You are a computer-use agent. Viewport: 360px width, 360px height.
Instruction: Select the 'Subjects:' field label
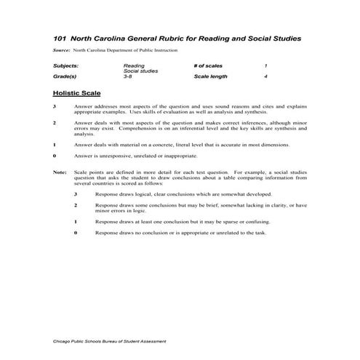point(66,65)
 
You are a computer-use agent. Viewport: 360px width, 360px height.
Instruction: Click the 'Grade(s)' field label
point(65,76)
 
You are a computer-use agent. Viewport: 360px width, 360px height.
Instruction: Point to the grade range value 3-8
point(129,76)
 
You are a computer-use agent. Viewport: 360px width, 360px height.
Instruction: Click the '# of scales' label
point(209,65)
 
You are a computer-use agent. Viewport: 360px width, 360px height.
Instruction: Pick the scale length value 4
point(266,76)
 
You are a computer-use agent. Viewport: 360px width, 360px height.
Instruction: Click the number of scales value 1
point(266,65)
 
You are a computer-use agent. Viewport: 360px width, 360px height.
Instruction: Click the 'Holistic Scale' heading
point(77,94)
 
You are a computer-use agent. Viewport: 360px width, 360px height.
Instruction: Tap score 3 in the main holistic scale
point(55,107)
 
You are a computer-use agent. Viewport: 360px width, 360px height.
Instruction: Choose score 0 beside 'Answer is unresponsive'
point(55,156)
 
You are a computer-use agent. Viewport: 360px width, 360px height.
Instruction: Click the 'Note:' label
point(60,172)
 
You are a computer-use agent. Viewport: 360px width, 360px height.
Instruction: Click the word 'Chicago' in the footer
point(63,340)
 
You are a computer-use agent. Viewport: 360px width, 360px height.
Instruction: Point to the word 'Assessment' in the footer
point(153,340)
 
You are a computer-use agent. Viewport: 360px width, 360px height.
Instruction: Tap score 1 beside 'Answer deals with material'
point(55,145)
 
